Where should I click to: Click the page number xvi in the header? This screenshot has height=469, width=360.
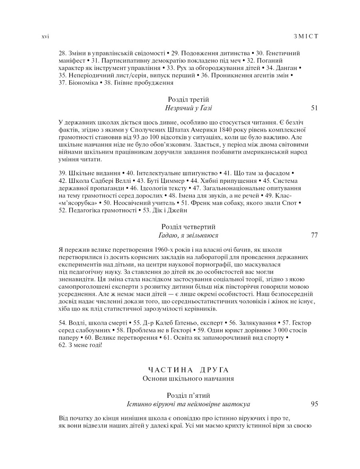point(45,36)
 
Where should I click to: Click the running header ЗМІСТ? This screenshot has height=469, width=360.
point(305,36)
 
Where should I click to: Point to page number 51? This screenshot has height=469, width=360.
point(314,108)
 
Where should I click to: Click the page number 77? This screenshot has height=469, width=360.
point(314,235)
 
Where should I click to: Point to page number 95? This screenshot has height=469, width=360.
point(314,404)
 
